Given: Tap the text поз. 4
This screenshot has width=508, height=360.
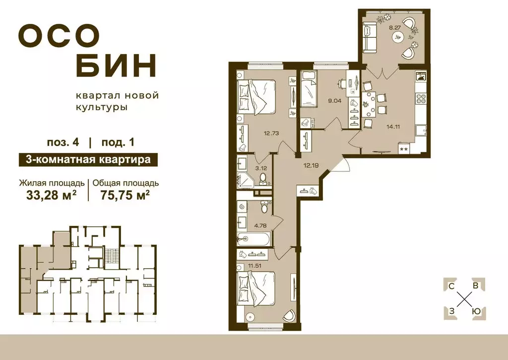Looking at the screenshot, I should click(x=63, y=143).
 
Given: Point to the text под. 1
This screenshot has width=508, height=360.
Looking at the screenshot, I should click(x=118, y=143).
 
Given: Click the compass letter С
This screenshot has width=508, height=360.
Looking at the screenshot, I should click(x=451, y=286).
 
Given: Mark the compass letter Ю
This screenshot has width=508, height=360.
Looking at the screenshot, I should click(x=476, y=311).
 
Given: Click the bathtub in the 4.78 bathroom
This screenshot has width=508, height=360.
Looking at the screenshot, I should click(x=254, y=239).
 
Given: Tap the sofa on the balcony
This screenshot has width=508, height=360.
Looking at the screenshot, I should click(x=370, y=38).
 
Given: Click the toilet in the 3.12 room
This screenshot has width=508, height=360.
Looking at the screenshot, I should click(x=263, y=178).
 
